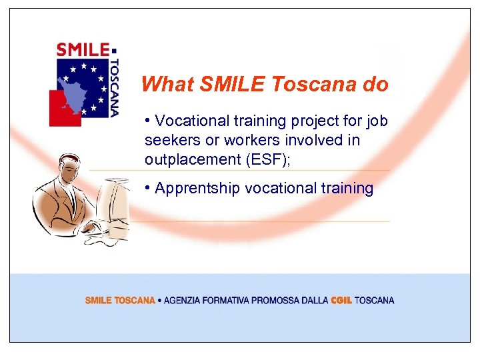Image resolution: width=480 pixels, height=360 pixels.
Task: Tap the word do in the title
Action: pyautogui.click(x=375, y=85)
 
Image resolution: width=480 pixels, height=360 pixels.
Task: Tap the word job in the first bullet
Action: pyautogui.click(x=376, y=121)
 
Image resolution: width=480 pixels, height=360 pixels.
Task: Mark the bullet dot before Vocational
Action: pyautogui.click(x=147, y=121)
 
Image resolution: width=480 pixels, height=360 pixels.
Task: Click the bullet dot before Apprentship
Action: pyautogui.click(x=147, y=188)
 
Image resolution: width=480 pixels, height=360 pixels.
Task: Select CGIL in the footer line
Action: pyautogui.click(x=341, y=301)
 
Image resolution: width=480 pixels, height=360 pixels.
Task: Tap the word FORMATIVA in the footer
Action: pyautogui.click(x=229, y=301)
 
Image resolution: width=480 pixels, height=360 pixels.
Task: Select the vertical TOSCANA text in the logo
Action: pyautogui.click(x=114, y=87)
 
